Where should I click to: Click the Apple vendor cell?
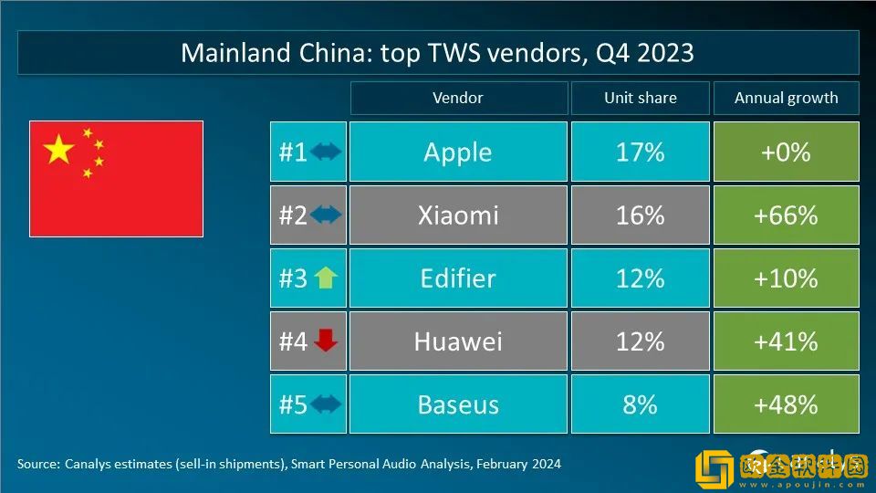pos(457,152)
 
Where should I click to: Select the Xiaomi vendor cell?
pos(457,215)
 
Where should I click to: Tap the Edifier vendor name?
pos(457,278)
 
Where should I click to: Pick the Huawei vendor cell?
pos(457,341)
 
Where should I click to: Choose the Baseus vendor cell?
pos(457,404)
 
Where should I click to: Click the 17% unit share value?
pos(640,152)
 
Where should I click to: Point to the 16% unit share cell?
pos(640,215)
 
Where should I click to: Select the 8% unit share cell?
pos(640,404)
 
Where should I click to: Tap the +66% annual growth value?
pos(786,215)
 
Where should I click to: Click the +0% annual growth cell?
pos(786,152)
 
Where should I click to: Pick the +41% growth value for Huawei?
pos(786,341)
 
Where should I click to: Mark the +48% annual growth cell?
pos(786,404)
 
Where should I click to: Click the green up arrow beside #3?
pos(326,278)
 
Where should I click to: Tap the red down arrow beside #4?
pos(326,341)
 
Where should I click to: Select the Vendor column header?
pos(457,98)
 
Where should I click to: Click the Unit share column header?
pos(640,98)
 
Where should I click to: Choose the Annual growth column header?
pos(786,98)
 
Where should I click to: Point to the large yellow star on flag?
pos(59,149)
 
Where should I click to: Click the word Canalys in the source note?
pos(89,464)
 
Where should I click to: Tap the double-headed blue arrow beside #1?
pos(326,152)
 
